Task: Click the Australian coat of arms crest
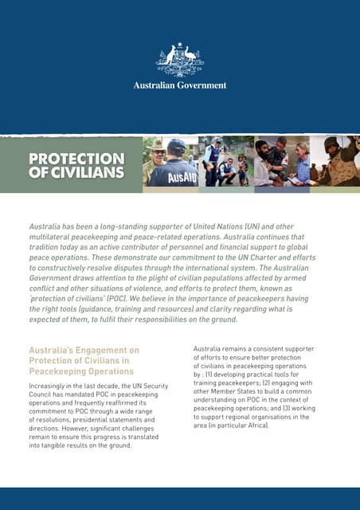180,60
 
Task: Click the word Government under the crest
201,85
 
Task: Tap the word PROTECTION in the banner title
76,159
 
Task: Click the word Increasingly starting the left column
53,387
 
